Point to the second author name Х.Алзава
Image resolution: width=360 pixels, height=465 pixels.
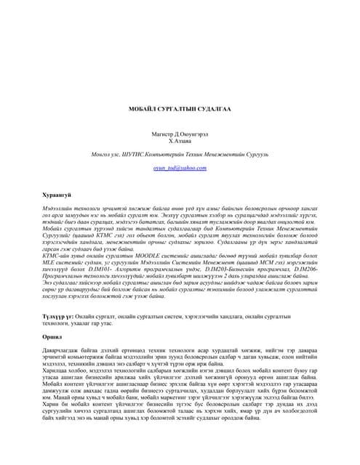pyautogui.click(x=180, y=143)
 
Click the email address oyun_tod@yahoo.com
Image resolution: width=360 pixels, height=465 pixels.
pyautogui.click(x=180, y=167)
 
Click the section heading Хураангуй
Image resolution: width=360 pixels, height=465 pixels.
pyautogui.click(x=57, y=195)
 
